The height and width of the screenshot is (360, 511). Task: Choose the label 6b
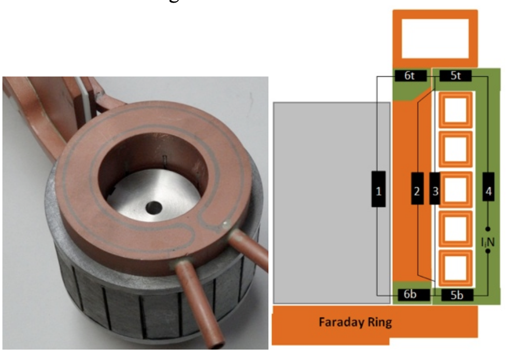(410, 294)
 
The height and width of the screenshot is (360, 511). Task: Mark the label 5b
(456, 294)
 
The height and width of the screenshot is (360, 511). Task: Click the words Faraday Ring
(355, 322)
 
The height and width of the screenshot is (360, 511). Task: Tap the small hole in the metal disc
(154, 208)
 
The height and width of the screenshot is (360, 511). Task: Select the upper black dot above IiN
(488, 228)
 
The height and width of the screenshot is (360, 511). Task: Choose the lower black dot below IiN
(488, 252)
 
